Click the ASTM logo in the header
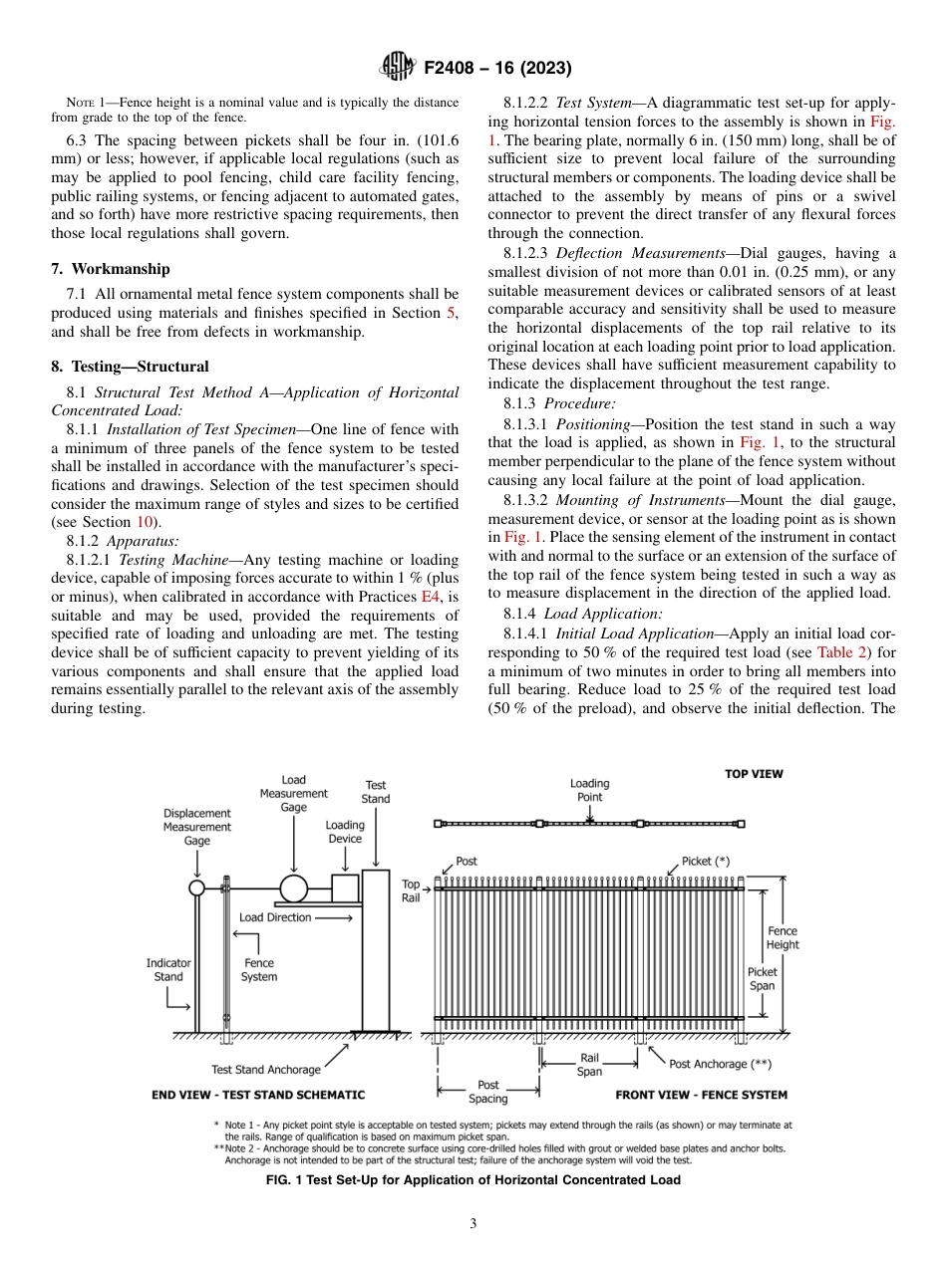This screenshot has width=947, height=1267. (398, 68)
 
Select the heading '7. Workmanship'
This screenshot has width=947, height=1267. (111, 269)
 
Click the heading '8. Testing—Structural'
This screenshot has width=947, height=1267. (130, 367)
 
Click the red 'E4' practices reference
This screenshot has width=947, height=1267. (433, 597)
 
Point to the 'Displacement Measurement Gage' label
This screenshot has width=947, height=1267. (197, 827)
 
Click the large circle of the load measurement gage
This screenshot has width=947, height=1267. (293, 887)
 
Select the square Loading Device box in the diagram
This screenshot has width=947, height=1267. (344, 887)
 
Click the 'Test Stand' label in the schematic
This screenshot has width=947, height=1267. (376, 792)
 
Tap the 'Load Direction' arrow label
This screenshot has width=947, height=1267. (275, 917)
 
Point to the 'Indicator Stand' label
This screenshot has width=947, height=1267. (168, 970)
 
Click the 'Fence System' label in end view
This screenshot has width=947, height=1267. (259, 970)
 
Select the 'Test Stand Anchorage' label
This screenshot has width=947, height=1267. (266, 1069)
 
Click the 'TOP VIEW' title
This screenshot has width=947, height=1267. (754, 774)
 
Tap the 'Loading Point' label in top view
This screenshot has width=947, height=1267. (589, 790)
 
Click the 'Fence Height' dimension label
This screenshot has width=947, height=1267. (783, 937)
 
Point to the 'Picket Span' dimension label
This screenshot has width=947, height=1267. (763, 978)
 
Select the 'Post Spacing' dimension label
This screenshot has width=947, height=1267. (488, 1092)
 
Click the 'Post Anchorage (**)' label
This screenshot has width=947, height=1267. (720, 1064)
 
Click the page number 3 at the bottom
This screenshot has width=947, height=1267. (473, 1224)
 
